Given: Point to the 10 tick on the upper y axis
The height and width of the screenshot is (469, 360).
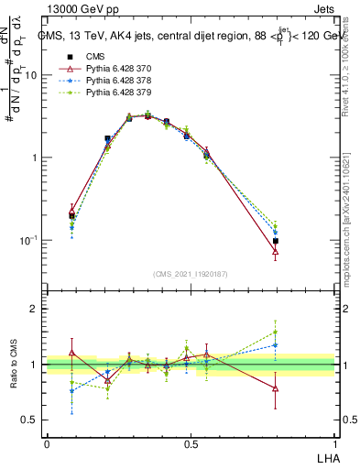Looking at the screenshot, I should click(32, 76).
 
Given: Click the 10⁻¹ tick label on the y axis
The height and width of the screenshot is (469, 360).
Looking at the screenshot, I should click(29, 241).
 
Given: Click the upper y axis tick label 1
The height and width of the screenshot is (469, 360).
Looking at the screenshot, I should click(36, 158).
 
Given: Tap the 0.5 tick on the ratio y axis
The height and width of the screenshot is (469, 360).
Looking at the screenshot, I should click(31, 420).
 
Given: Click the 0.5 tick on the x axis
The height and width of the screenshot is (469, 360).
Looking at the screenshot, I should click(191, 444).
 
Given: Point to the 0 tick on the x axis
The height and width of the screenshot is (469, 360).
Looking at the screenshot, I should click(46, 444).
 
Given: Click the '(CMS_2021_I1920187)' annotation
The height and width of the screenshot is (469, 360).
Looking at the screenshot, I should click(191, 274).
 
